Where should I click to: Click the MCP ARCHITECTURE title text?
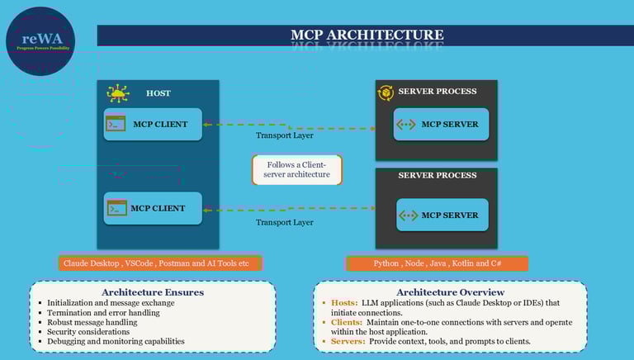(x=367, y=35)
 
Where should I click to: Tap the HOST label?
(x=158, y=93)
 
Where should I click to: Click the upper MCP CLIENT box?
(x=154, y=125)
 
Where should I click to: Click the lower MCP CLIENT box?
(x=154, y=208)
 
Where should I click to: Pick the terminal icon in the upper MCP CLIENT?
(x=116, y=125)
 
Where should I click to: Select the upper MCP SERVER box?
(x=441, y=125)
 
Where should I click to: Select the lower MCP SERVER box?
(x=441, y=216)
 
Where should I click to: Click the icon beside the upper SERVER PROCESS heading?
(x=386, y=92)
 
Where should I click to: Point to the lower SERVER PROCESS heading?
(x=437, y=175)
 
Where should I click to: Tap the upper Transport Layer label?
(x=284, y=135)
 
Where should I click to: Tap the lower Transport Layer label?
(x=284, y=222)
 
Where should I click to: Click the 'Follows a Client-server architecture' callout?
(x=297, y=169)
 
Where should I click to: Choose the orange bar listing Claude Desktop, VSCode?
(x=160, y=263)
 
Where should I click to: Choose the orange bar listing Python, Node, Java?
(x=437, y=263)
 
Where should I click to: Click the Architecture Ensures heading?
(x=152, y=292)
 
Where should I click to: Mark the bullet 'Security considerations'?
(x=90, y=331)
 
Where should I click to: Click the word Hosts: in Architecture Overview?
(x=344, y=303)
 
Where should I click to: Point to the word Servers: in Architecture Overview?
(x=348, y=341)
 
